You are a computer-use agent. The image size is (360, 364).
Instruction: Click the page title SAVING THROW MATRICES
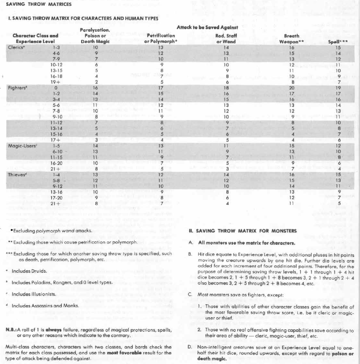click(36, 4)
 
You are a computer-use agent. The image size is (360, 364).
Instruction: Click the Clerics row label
click(16, 48)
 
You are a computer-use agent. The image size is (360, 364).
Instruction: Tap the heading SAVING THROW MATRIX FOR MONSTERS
click(248, 230)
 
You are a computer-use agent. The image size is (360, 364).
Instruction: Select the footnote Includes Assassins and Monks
click(40, 305)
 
